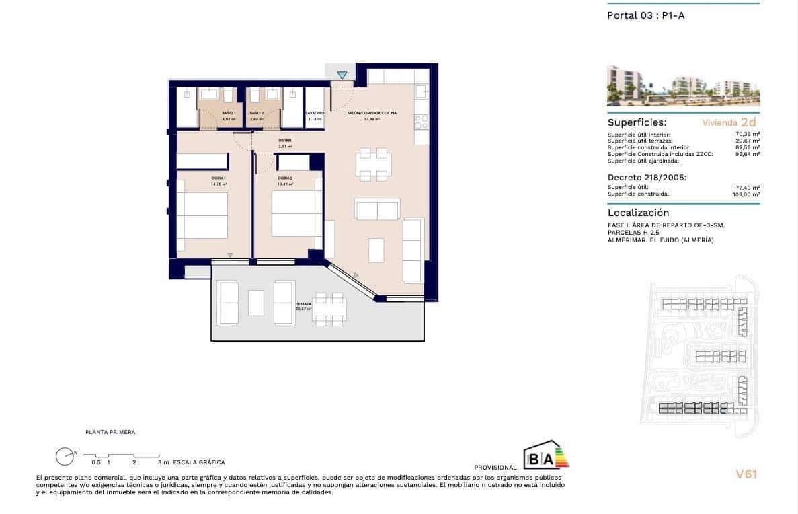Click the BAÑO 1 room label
[228, 113]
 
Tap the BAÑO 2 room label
[256, 113]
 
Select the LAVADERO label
[315, 113]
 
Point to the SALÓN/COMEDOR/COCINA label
[372, 113]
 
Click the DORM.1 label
[218, 178]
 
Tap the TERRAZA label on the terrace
[303, 304]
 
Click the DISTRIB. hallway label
[285, 141]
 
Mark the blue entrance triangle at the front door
[343, 75]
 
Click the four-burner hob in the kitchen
[422, 121]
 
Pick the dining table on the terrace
[329, 309]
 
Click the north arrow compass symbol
[65, 456]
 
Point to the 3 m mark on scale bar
[159, 462]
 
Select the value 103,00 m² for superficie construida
[746, 194]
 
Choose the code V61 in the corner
[746, 474]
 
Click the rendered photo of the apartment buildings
[683, 85]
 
